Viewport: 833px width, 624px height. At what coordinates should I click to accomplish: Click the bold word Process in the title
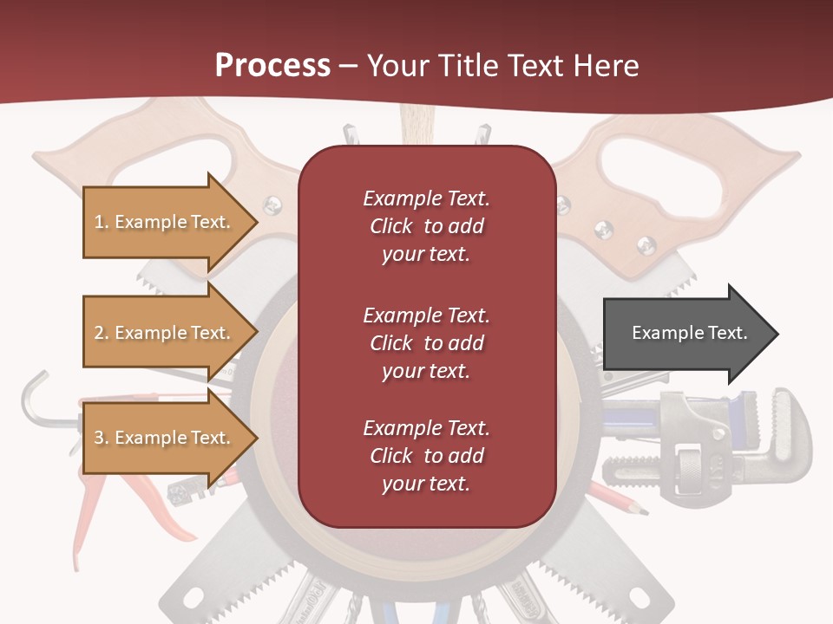(x=272, y=65)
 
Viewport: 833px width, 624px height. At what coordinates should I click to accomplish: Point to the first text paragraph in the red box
(x=426, y=226)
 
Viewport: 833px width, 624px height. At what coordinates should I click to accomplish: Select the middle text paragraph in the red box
(x=426, y=343)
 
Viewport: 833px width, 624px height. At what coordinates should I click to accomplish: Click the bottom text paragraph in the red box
(x=426, y=456)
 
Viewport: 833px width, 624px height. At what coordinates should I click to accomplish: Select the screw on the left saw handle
(x=272, y=205)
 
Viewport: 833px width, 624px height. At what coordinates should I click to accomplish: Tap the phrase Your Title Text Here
(x=502, y=65)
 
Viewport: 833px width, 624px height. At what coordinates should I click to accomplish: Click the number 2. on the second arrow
(x=102, y=333)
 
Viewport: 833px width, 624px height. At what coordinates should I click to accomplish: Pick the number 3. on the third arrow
(x=102, y=438)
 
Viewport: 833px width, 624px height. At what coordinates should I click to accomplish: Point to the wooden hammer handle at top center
(x=416, y=126)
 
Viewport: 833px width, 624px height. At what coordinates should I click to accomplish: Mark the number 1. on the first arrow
(x=102, y=222)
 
